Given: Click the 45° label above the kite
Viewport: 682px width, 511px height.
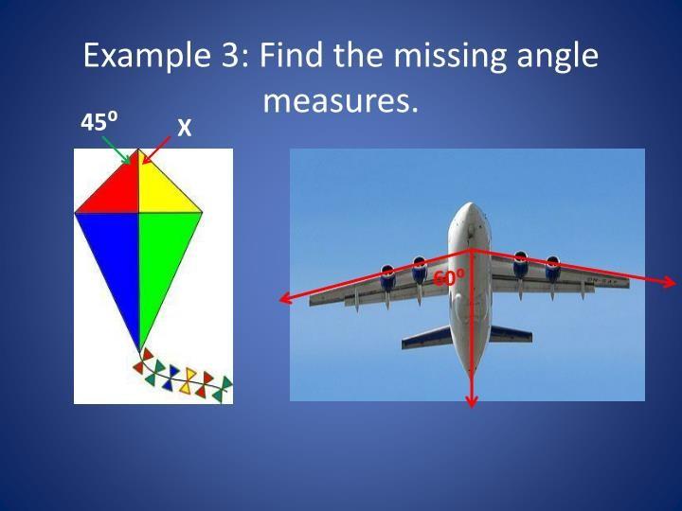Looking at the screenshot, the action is pyautogui.click(x=99, y=122).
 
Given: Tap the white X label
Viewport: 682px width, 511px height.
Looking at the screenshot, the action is pyautogui.click(x=185, y=128).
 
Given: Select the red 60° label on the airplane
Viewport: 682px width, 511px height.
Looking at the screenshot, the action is pyautogui.click(x=449, y=277).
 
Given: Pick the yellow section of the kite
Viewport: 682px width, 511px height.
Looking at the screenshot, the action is pyautogui.click(x=162, y=191).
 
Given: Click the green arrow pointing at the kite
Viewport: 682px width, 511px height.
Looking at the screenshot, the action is pyautogui.click(x=117, y=150).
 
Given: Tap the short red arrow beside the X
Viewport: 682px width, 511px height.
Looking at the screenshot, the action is pyautogui.click(x=156, y=150).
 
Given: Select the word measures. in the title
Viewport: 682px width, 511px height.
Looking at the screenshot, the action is pyautogui.click(x=340, y=101).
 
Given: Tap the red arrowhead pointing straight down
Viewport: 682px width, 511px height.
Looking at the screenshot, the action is pyautogui.click(x=472, y=400).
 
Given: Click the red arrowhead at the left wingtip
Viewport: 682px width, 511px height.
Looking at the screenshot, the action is pyautogui.click(x=285, y=298).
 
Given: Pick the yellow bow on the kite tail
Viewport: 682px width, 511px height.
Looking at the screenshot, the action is pyautogui.click(x=188, y=381).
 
